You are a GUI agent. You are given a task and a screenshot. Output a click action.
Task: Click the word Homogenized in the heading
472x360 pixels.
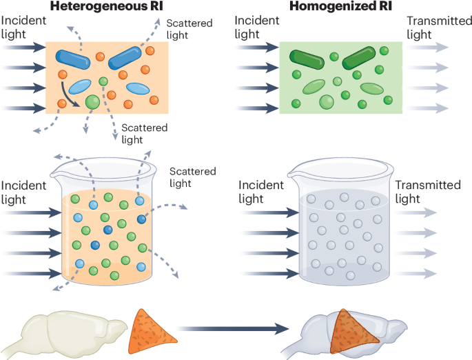328,8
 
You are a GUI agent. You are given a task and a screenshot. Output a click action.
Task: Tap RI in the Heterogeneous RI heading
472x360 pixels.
158,8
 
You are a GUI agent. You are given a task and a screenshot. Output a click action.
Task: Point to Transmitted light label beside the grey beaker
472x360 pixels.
427,192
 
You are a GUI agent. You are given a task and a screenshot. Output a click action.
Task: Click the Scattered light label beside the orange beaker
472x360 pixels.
192,177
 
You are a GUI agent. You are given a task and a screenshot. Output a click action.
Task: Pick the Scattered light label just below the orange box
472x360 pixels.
143,134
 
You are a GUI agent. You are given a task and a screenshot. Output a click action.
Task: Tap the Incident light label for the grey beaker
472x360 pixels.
260,192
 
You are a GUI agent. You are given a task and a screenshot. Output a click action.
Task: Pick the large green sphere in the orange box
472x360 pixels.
92,102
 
